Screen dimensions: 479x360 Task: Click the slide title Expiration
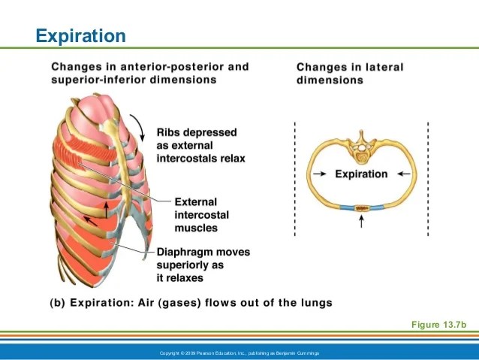tap(81, 35)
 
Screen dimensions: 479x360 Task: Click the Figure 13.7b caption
tap(439, 324)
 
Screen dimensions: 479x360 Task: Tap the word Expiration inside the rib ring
tap(361, 174)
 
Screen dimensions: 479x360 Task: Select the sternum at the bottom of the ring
tap(362, 206)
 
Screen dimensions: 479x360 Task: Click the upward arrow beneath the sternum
tap(362, 222)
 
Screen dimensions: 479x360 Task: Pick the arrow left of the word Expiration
tap(318, 174)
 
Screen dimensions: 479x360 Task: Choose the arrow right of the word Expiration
tap(404, 174)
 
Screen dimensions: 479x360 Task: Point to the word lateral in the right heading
tap(384, 67)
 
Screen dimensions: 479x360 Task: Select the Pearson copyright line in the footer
tap(239, 353)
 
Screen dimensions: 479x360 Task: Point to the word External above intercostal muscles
tap(195, 202)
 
